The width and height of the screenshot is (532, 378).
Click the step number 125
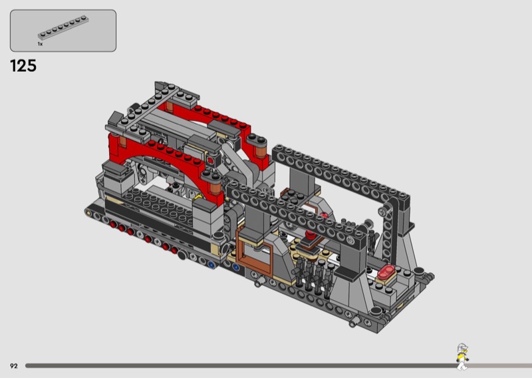[23, 65]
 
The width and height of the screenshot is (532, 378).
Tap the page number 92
[13, 366]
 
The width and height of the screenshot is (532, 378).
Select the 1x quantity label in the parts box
[40, 44]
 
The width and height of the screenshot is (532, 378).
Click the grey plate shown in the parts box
[63, 28]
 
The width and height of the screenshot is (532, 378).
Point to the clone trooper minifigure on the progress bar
[462, 357]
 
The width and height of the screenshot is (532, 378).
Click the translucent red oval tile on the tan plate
[387, 271]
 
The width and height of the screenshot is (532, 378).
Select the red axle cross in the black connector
[210, 160]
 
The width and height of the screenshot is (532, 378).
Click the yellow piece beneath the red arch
[198, 196]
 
